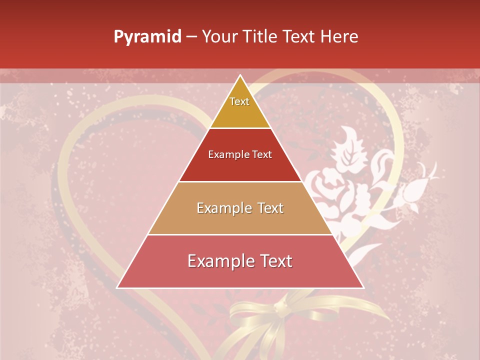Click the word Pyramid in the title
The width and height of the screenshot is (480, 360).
[147, 37]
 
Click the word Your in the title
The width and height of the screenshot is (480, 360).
[219, 37]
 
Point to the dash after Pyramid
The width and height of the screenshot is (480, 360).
[191, 37]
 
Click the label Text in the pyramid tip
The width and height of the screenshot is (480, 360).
[239, 101]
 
